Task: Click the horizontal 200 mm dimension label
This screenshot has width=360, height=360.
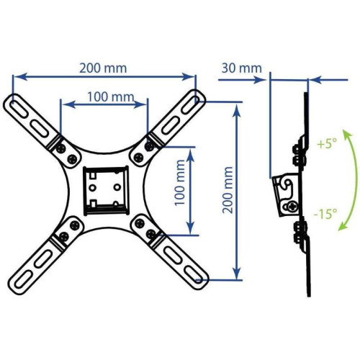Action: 103,68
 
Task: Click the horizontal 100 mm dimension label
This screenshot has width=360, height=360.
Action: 110,97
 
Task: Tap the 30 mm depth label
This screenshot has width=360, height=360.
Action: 242,68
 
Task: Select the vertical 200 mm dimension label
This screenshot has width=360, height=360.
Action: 228,190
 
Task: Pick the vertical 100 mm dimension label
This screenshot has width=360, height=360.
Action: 180,183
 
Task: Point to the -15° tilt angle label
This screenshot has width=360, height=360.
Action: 325,213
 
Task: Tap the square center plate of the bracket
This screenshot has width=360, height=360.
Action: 105,190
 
